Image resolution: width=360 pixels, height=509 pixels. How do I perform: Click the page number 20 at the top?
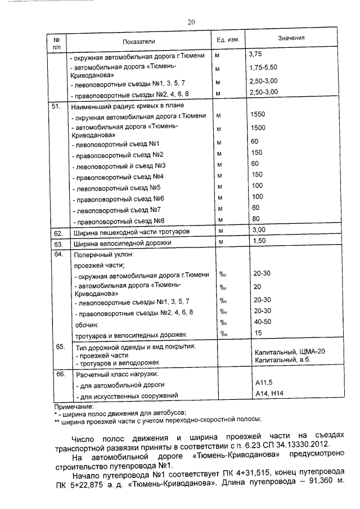click(191, 22)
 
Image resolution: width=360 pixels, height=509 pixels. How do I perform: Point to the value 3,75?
click(256, 55)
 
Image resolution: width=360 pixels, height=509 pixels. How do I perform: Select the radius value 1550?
click(258, 114)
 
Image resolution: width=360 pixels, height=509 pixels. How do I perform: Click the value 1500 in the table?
click(258, 128)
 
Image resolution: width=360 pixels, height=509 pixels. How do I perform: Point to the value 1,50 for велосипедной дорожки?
click(259, 241)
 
